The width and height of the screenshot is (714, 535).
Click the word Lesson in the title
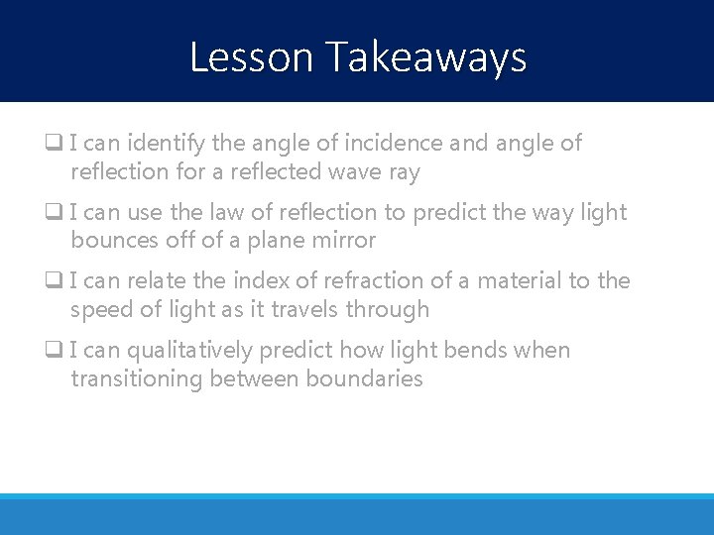252,57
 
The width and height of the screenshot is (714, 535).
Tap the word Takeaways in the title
425,57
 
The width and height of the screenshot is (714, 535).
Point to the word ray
404,172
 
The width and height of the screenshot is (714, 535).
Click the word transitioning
137,379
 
